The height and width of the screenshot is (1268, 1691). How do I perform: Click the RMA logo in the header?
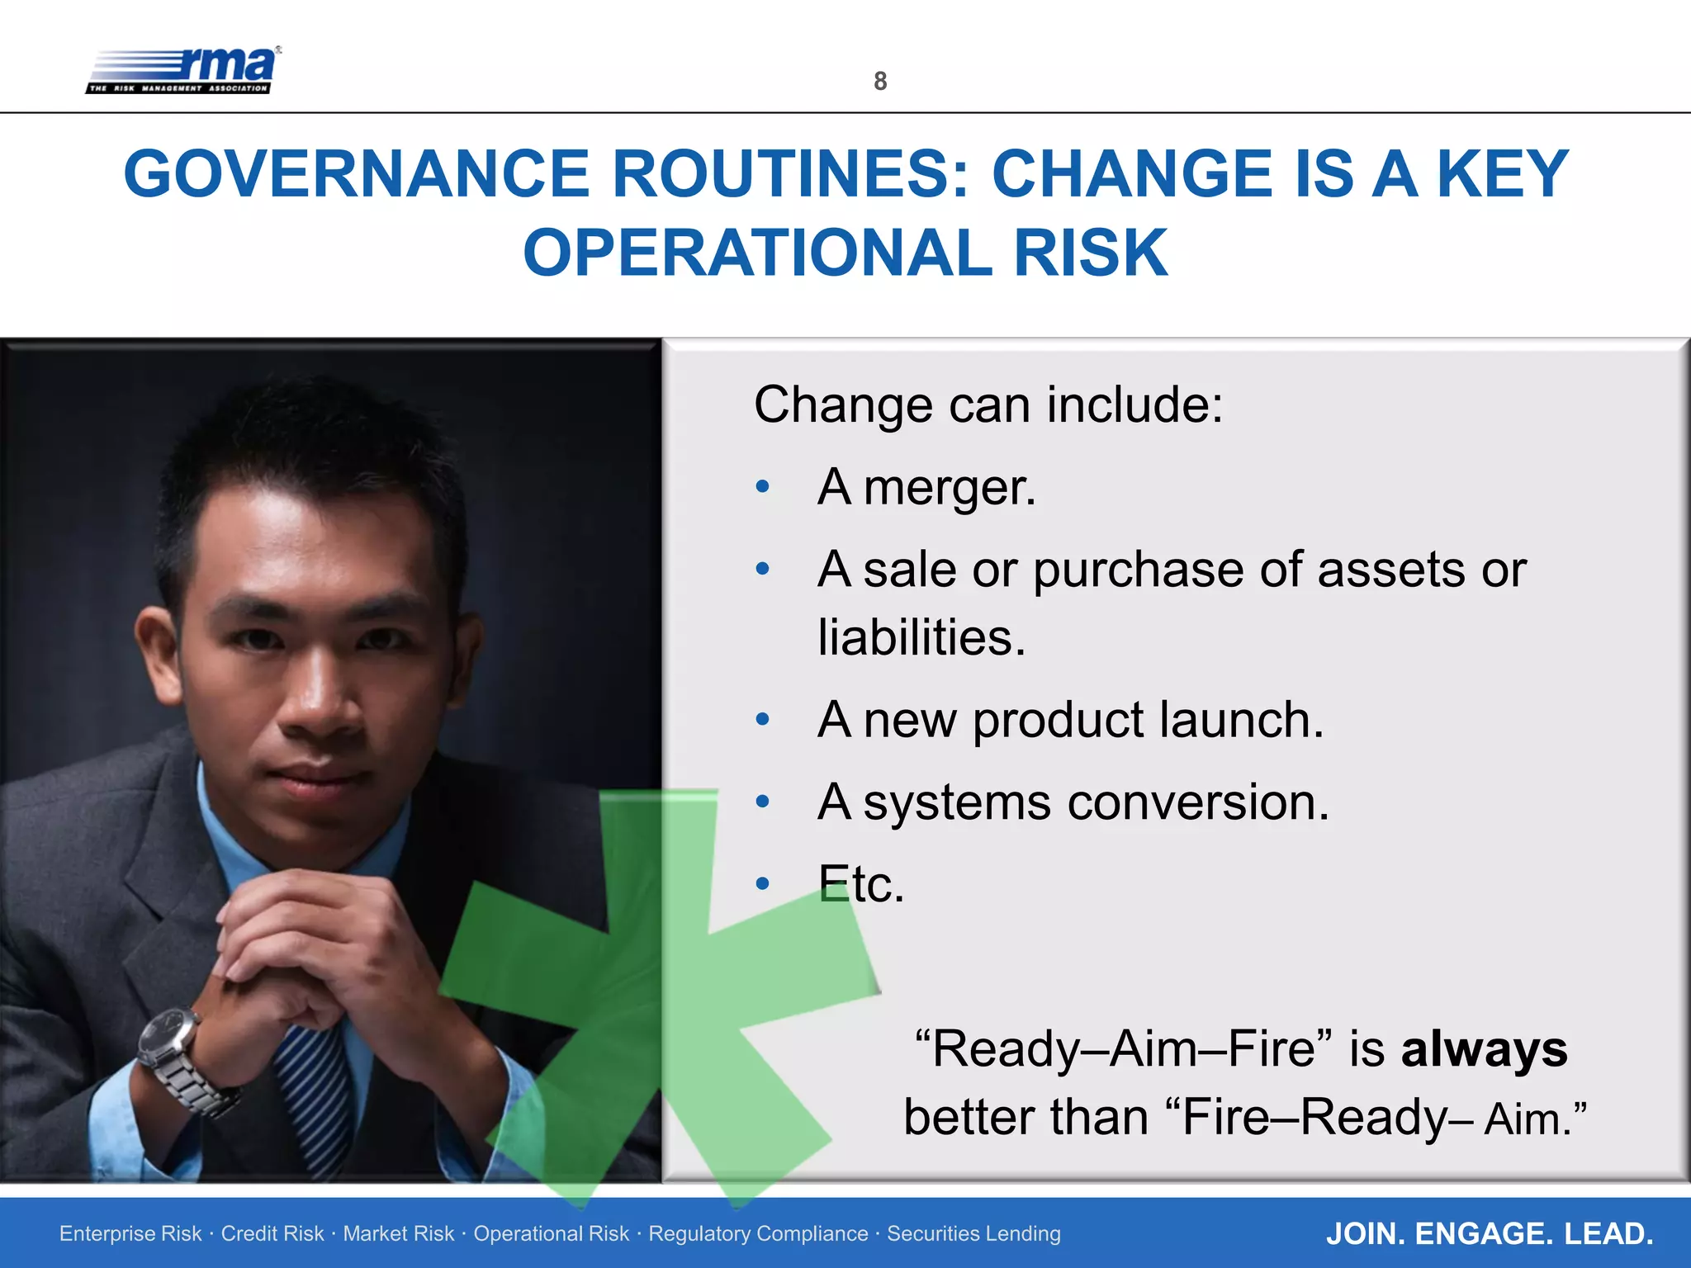point(183,70)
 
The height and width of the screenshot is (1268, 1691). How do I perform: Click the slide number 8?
point(880,81)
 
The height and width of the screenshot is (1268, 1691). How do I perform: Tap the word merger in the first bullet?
point(949,487)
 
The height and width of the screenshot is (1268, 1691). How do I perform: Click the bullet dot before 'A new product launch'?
point(763,719)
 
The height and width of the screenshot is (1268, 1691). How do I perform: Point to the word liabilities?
point(921,638)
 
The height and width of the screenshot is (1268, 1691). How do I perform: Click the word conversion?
point(1198,802)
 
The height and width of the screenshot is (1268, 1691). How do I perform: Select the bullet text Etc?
point(861,884)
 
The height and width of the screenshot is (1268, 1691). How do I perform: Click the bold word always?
point(1484,1049)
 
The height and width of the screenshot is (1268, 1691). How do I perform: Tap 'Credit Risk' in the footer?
point(272,1233)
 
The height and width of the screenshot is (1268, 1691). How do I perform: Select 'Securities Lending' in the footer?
point(973,1233)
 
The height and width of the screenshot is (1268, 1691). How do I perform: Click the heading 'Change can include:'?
point(988,405)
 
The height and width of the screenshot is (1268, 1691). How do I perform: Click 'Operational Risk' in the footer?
point(551,1233)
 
